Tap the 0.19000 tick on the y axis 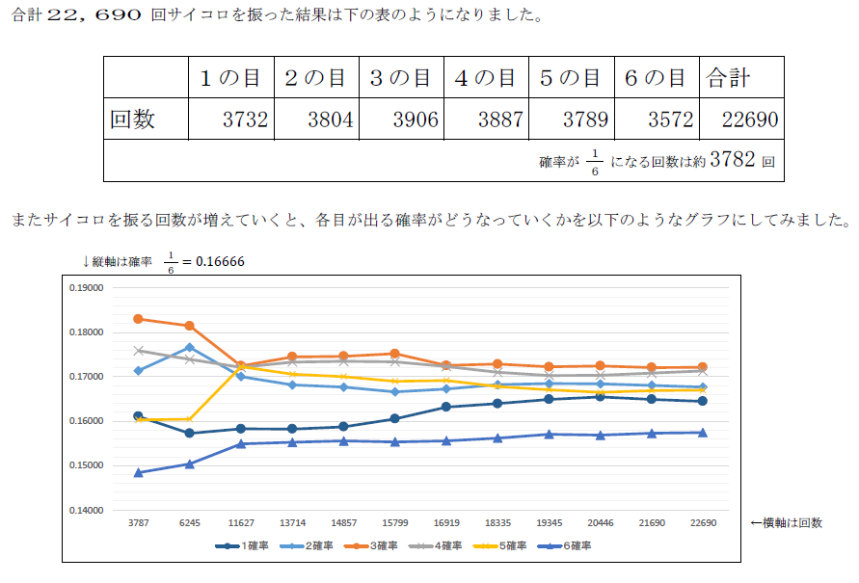[86, 288]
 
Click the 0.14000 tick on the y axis [86, 511]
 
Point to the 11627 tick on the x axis [241, 523]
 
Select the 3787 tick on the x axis [139, 523]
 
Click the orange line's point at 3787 [139, 319]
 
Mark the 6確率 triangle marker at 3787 [139, 473]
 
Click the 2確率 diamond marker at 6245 [190, 348]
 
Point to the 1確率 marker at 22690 [703, 401]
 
